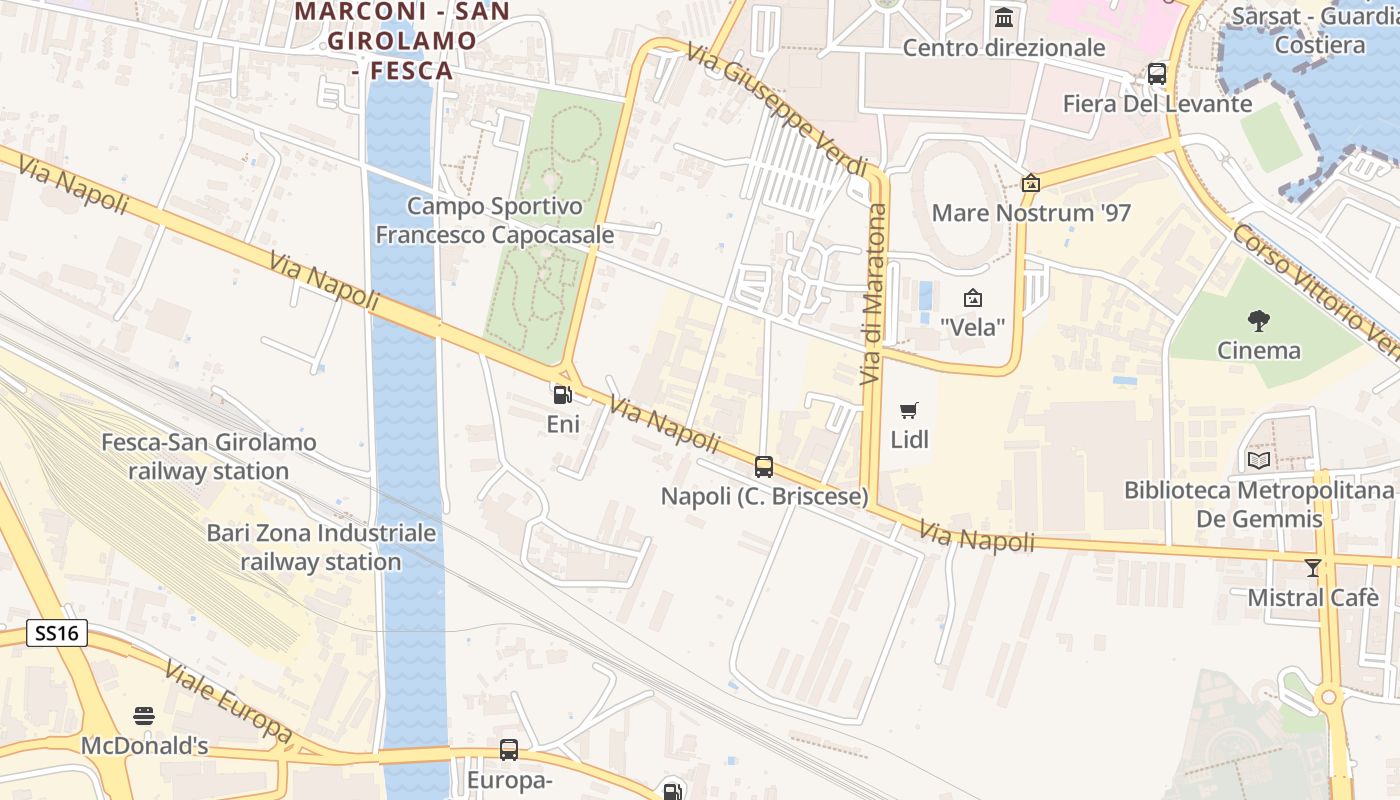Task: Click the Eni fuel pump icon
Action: (x=562, y=395)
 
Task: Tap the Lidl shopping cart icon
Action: (x=908, y=410)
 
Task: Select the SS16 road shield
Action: (x=57, y=633)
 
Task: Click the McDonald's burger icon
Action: (x=144, y=716)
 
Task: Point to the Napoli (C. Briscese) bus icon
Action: (x=764, y=466)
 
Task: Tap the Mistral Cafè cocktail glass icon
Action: (x=1312, y=568)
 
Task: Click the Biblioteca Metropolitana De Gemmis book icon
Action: (x=1259, y=460)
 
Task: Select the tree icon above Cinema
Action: (x=1259, y=321)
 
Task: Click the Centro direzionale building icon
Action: (x=1004, y=18)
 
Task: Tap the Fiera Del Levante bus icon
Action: (x=1157, y=73)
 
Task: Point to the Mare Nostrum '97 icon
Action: (x=1030, y=183)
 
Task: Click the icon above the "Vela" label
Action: (x=972, y=298)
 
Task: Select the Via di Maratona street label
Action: (x=874, y=295)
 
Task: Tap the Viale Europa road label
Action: (x=228, y=702)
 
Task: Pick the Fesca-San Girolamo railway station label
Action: (x=209, y=456)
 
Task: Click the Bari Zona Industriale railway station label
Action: (x=321, y=547)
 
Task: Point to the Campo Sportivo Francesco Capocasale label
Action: (x=495, y=220)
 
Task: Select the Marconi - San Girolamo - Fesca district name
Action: (x=403, y=41)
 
